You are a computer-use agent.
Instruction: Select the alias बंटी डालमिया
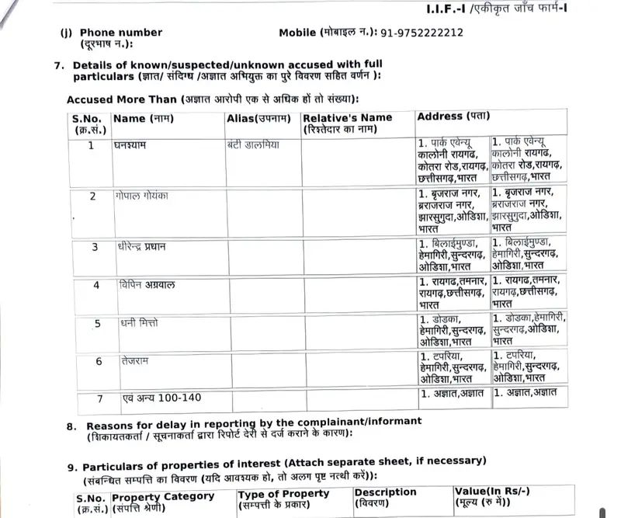253,145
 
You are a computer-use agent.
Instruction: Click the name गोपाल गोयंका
144,196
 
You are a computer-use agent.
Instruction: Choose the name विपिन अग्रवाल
147,285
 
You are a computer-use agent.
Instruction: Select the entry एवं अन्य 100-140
161,398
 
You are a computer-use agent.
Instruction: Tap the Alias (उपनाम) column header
258,118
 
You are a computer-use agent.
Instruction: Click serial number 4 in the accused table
96,285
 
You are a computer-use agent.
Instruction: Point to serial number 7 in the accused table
99,398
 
